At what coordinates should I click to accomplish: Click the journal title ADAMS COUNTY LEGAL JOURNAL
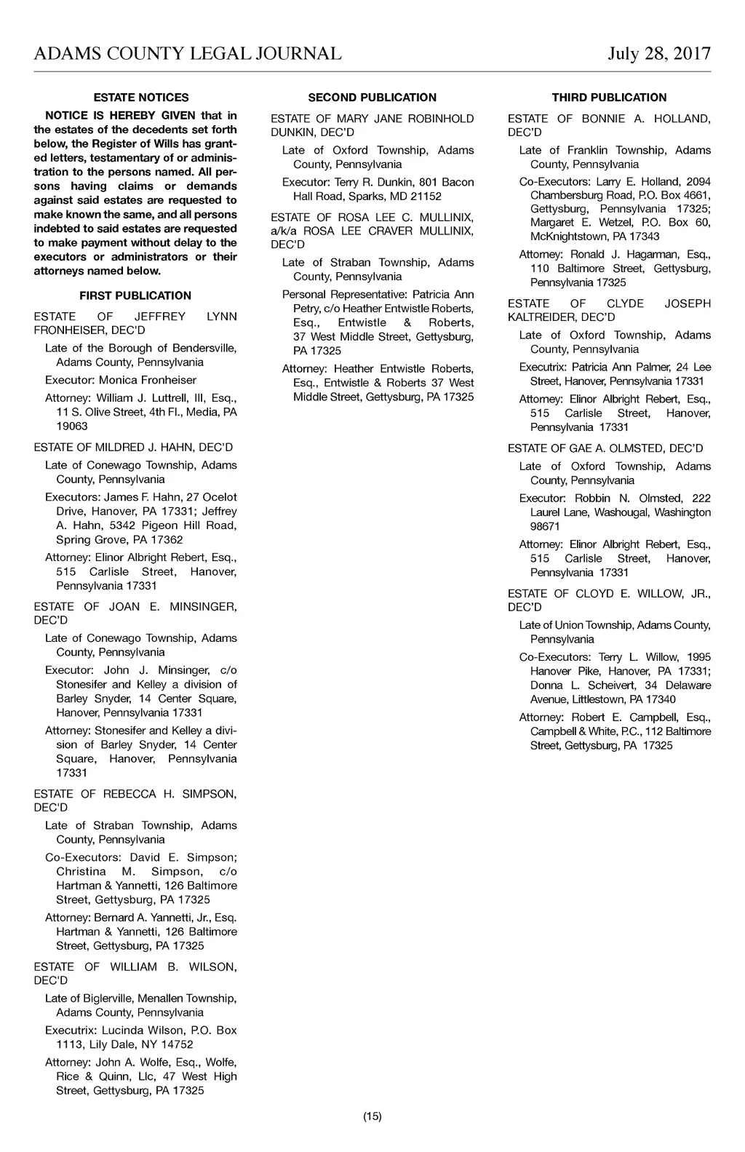click(x=188, y=54)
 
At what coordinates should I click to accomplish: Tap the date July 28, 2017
click(x=659, y=54)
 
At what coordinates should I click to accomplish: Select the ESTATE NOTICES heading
click(x=141, y=98)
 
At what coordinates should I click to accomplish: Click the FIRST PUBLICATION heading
click(x=135, y=295)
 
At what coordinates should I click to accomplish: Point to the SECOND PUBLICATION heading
click(x=372, y=98)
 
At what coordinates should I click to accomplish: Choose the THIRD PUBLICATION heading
click(x=609, y=98)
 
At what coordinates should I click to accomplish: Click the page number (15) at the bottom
click(x=372, y=1116)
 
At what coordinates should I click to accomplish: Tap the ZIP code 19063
click(x=72, y=426)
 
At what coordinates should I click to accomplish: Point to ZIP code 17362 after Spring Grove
click(x=167, y=540)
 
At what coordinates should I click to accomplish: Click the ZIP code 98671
click(x=545, y=526)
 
